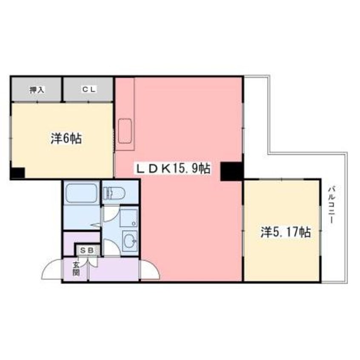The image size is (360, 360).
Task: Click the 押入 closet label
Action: click(x=37, y=90)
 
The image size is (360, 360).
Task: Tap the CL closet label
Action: click(x=89, y=89)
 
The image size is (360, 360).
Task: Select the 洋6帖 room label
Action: click(x=66, y=138)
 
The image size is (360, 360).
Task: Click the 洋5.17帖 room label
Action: click(x=286, y=232)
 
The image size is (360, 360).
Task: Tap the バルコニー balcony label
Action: click(x=331, y=204)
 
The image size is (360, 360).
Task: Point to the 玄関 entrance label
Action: click(x=76, y=269)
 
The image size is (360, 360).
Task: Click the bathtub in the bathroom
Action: click(x=81, y=193)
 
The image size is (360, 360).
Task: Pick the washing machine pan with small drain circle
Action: click(x=129, y=218)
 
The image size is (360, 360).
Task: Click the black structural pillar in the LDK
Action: click(x=231, y=171)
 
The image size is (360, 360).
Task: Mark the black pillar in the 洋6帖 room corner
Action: click(x=18, y=173)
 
